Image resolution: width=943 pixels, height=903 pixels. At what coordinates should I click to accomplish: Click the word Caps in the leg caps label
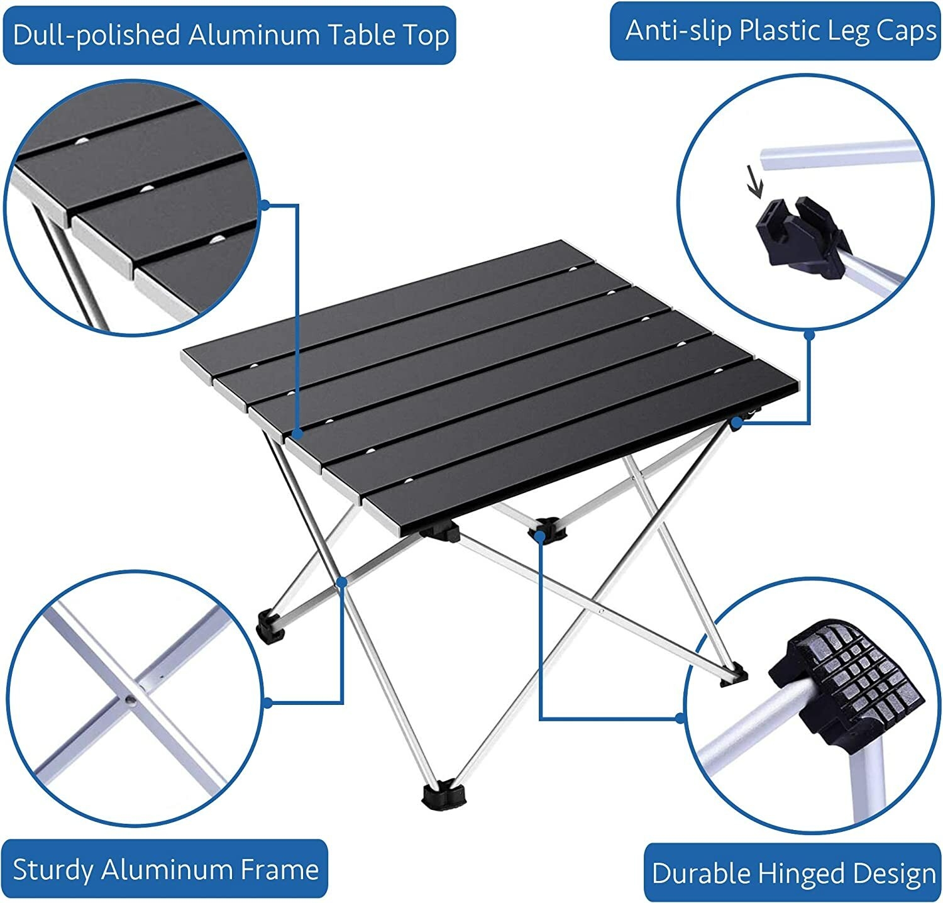(x=907, y=31)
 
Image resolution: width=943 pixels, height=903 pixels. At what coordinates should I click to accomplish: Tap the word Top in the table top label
(x=427, y=35)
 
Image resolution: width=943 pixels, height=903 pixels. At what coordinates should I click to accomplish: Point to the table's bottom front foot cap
(x=444, y=794)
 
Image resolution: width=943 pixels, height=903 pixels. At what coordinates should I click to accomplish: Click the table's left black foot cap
(x=271, y=626)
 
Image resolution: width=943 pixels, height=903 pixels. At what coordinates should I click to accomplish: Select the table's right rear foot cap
(x=734, y=675)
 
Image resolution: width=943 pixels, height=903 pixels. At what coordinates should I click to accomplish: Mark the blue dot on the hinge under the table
(x=540, y=535)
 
